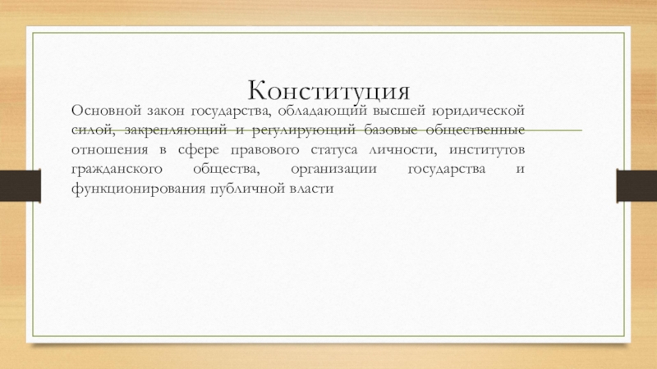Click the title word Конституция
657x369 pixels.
[x=329, y=91]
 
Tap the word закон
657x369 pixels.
[x=165, y=111]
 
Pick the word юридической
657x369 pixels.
[x=478, y=112]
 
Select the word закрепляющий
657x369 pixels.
[x=176, y=131]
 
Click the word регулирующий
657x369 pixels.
[x=303, y=131]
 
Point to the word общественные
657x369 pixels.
[x=476, y=130]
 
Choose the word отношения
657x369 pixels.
[x=110, y=150]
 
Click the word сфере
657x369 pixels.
[x=195, y=150]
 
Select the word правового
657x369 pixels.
[x=264, y=151]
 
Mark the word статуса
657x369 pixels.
[x=334, y=150]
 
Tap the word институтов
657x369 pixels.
[x=487, y=150]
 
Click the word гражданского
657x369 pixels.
[x=117, y=170]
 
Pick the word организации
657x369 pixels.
[x=333, y=170]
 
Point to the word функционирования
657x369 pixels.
[x=138, y=189]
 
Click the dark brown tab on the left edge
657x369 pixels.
[x=20, y=185]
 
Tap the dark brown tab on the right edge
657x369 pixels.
[x=637, y=185]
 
